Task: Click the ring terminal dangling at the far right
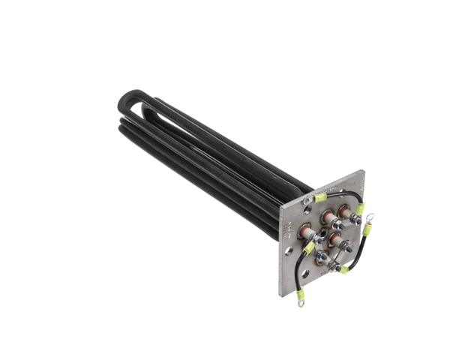click(370, 219)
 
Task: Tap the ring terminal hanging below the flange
click(301, 304)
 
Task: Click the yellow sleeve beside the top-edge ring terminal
click(320, 197)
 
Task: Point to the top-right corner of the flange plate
click(364, 172)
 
